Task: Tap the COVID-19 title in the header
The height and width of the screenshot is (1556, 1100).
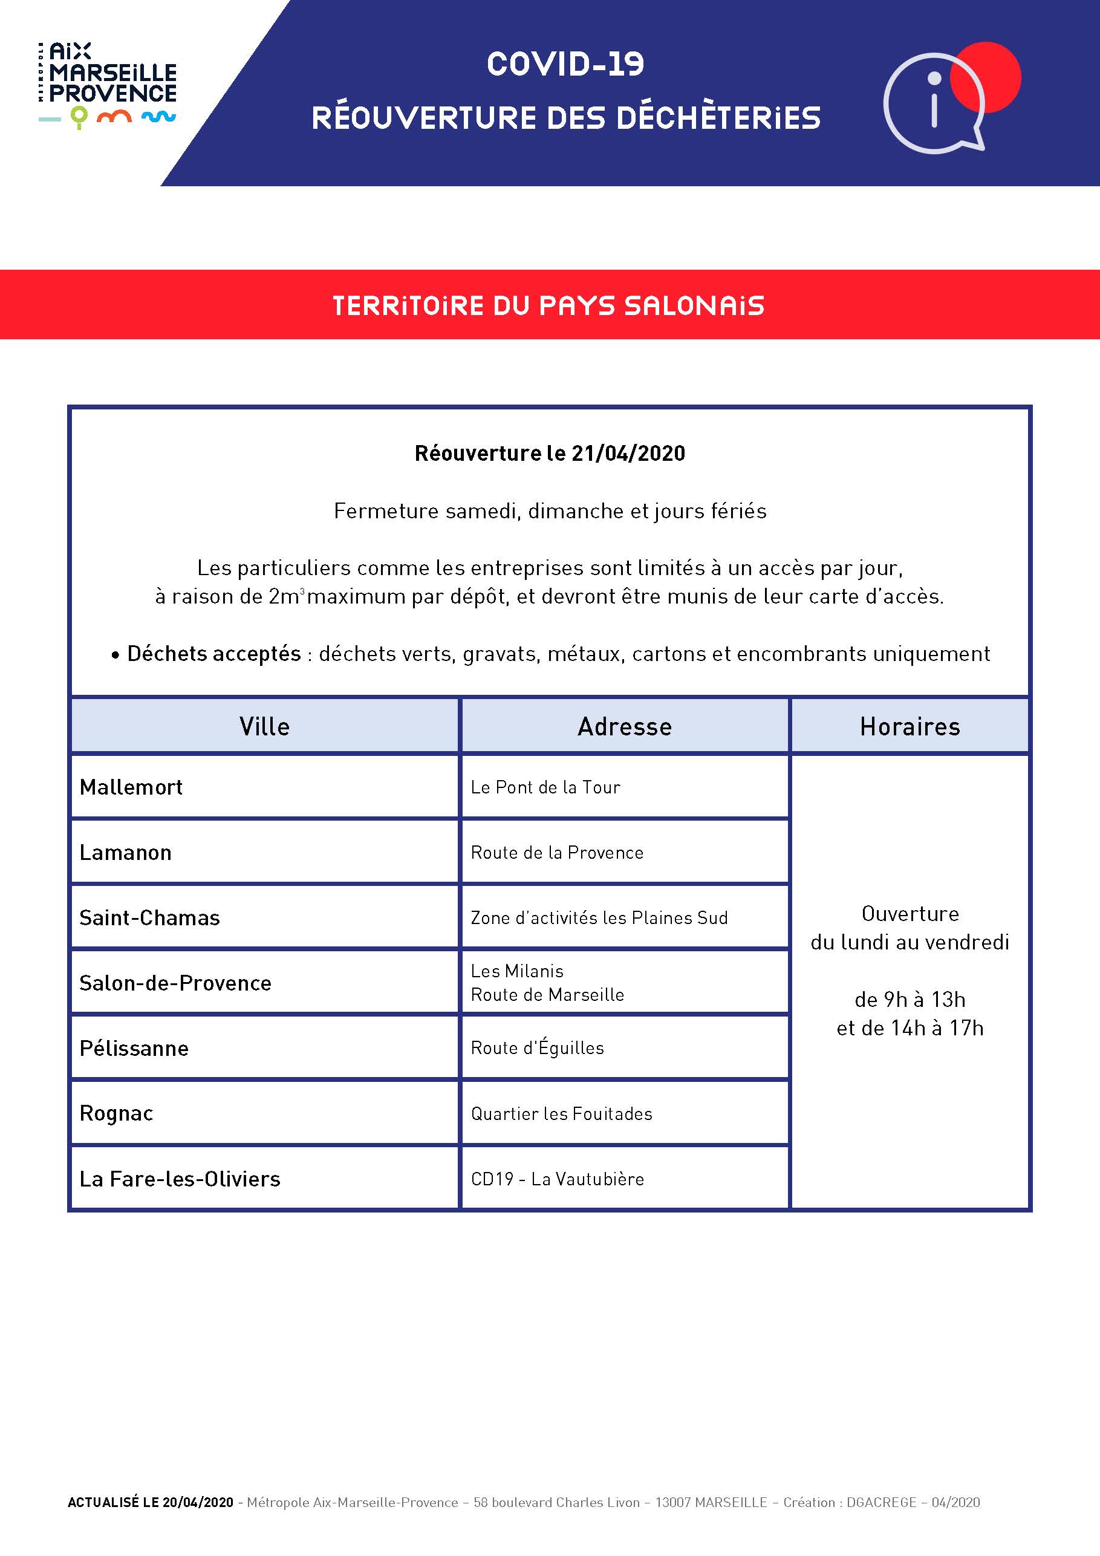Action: pos(565,64)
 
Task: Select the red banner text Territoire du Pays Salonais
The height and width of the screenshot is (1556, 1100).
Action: pos(549,305)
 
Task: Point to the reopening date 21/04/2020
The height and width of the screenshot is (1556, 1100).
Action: pos(628,454)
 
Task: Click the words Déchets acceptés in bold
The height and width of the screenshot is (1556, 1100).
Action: pos(213,654)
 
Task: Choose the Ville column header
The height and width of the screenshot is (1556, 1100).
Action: pos(264,726)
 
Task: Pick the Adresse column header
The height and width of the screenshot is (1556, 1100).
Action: pos(624,726)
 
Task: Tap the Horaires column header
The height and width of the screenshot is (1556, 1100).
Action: pos(910,726)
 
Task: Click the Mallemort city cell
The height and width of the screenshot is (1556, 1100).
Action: pos(131,787)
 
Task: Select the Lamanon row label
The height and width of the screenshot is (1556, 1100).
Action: pos(125,853)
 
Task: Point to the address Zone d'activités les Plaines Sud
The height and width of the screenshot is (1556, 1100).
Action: pos(599,917)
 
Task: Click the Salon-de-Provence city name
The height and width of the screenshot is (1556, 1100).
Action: pos(175,983)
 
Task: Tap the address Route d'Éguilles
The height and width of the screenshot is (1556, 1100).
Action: pos(538,1048)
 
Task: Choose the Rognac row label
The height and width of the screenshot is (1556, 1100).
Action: pos(116,1113)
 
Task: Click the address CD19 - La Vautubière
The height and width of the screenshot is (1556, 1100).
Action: pos(557,1179)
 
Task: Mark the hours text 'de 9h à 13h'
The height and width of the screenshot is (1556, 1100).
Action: pos(910,1000)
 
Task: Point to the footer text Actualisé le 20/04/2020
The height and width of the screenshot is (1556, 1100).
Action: pos(151,1502)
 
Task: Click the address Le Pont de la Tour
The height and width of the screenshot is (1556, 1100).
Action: pos(545,787)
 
